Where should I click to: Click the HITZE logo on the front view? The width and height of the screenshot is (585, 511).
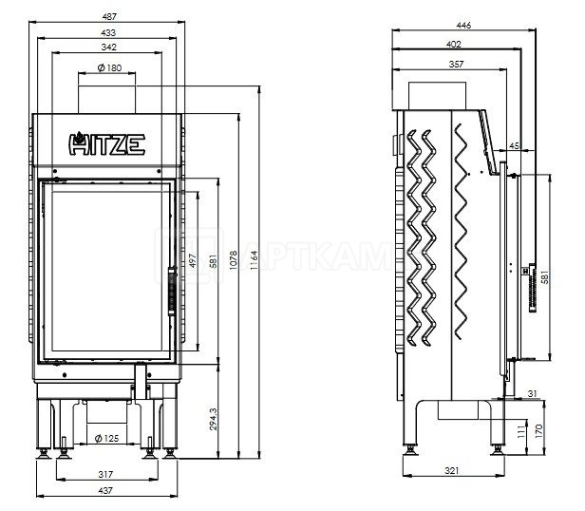pyautogui.click(x=106, y=143)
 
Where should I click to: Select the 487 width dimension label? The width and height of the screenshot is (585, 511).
pyautogui.click(x=109, y=16)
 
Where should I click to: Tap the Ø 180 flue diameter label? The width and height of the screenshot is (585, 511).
pyautogui.click(x=110, y=67)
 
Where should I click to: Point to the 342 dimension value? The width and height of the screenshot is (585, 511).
pyautogui.click(x=108, y=47)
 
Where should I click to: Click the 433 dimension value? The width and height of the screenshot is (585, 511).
pyautogui.click(x=108, y=33)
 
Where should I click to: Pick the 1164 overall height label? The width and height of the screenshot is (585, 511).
pyautogui.click(x=255, y=260)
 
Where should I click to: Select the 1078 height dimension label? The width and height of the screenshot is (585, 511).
pyautogui.click(x=234, y=260)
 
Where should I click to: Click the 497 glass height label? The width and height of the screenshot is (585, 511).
pyautogui.click(x=193, y=260)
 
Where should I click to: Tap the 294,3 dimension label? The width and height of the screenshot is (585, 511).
pyautogui.click(x=213, y=419)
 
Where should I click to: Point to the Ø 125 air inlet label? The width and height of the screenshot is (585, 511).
pyautogui.click(x=106, y=438)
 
